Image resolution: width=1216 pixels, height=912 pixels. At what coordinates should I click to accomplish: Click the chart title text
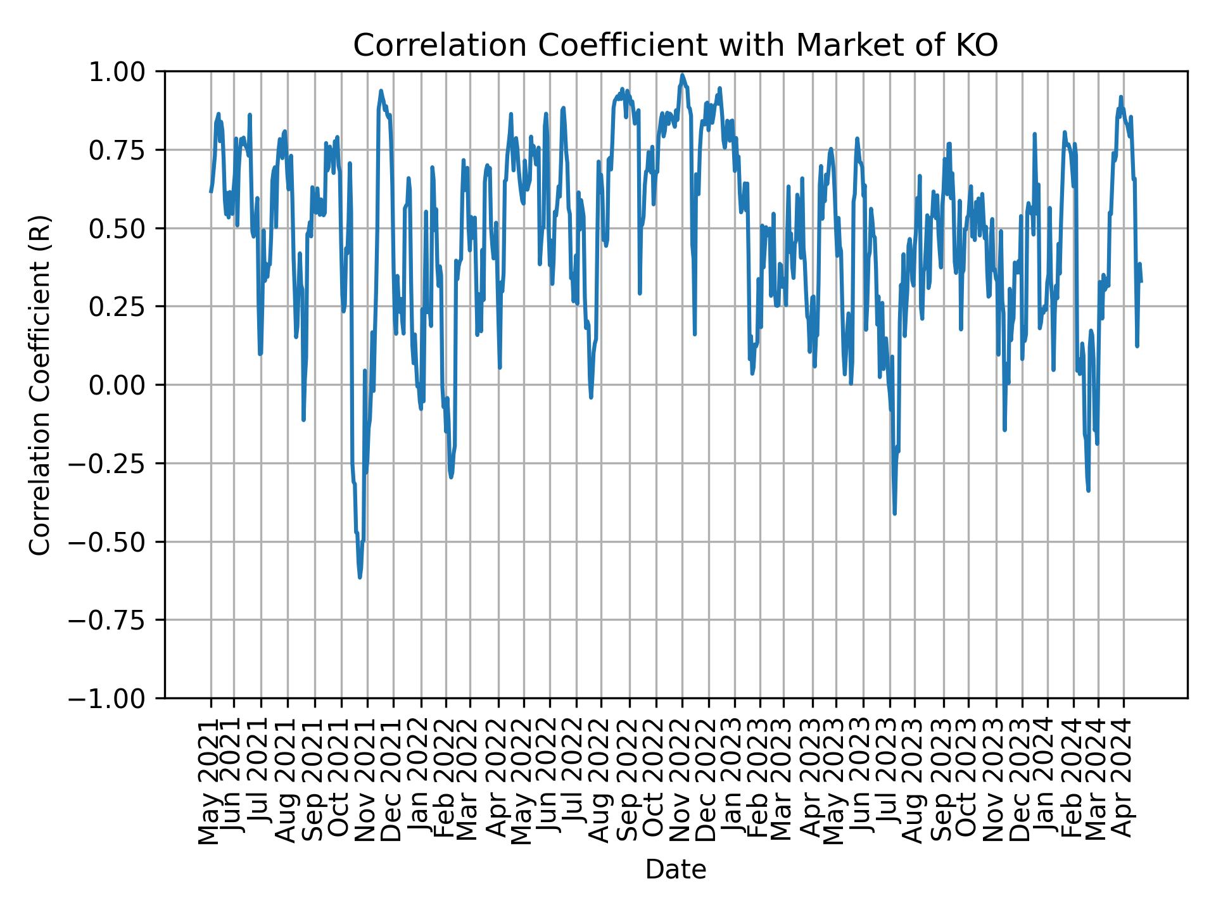675,46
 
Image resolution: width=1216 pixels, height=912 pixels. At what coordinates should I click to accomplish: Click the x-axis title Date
675,870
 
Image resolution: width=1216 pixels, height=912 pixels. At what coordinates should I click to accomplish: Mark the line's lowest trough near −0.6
360,577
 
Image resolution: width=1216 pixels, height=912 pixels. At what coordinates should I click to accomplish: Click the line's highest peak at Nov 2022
682,75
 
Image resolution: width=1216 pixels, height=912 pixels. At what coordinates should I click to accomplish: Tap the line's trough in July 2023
894,513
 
